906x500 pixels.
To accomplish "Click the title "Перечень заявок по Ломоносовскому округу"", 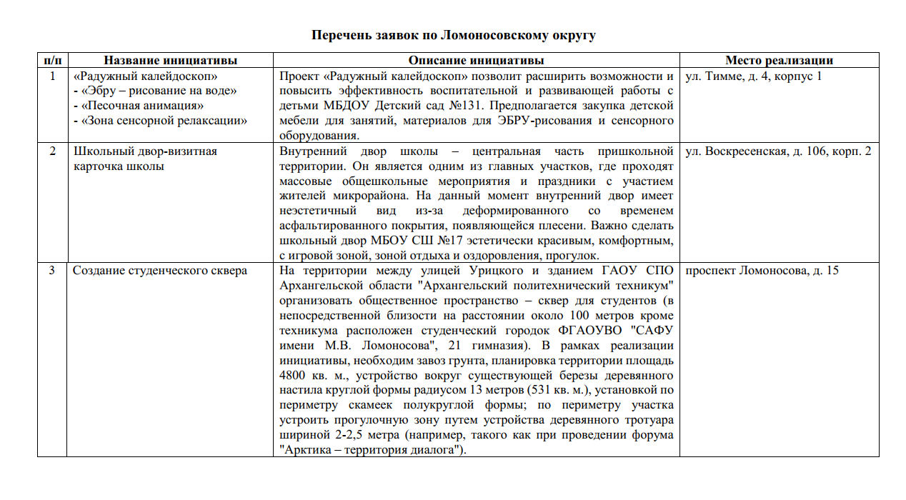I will (x=453, y=35).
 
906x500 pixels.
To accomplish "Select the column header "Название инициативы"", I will (x=170, y=61).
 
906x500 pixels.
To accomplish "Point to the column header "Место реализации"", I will (x=779, y=61).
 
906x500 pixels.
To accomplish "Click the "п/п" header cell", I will (x=51, y=61).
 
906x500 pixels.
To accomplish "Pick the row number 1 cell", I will (x=51, y=76).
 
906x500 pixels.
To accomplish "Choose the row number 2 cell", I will (x=51, y=151).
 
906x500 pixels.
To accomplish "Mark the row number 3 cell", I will (x=51, y=271).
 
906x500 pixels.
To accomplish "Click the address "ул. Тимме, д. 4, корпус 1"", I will (x=753, y=76).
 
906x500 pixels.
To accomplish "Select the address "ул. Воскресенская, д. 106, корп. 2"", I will (x=777, y=151).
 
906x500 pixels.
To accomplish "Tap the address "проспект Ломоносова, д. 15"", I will (x=762, y=271).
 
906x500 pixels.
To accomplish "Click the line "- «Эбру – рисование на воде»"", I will (x=155, y=91).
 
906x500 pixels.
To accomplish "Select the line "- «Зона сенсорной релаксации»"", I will (x=161, y=121).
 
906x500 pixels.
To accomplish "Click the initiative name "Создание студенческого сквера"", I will (x=159, y=271).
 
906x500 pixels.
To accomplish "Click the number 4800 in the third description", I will (x=295, y=376).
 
